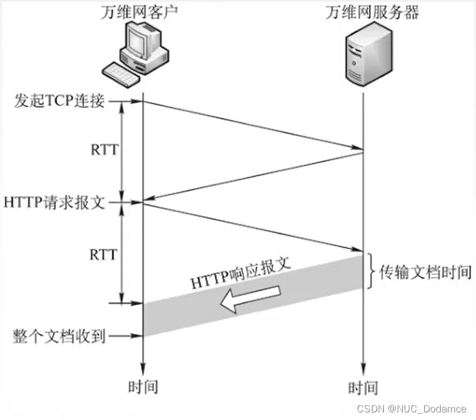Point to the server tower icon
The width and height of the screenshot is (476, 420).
click(x=364, y=59)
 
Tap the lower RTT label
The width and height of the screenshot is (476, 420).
click(x=103, y=255)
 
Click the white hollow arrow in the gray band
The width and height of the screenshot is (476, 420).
click(x=250, y=298)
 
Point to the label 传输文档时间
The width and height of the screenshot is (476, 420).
click(x=426, y=272)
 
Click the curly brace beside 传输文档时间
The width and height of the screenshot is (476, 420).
click(x=372, y=272)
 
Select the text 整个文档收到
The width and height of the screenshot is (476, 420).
click(x=59, y=335)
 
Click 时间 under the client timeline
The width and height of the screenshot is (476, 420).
click(x=143, y=387)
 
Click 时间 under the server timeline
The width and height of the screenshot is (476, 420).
click(x=364, y=387)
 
